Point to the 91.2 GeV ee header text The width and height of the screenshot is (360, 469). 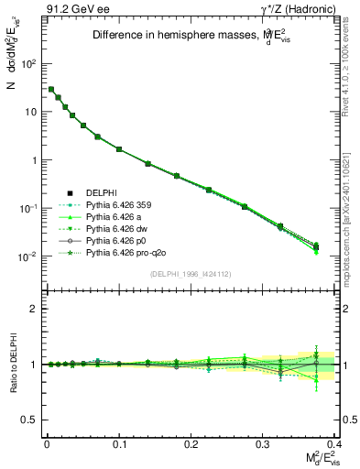coord(71,10)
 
